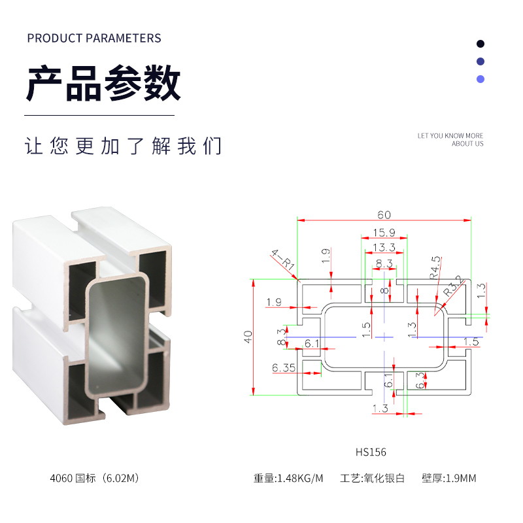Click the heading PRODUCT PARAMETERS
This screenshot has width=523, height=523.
click(93, 38)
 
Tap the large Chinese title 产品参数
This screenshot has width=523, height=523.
click(103, 84)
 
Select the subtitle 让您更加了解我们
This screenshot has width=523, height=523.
click(124, 146)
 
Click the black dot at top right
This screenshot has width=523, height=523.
click(481, 44)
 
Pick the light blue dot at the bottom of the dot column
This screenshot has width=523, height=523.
click(481, 79)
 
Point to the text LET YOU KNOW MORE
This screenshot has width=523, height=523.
click(450, 136)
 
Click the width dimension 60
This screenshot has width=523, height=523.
click(384, 215)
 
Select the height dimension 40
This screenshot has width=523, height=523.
click(248, 337)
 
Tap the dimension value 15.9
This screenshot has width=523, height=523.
click(384, 233)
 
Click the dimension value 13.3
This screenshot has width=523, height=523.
click(384, 247)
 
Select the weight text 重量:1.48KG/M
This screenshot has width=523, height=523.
click(288, 479)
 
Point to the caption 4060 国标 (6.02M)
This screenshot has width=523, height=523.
click(95, 479)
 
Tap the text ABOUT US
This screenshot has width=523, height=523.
click(467, 144)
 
